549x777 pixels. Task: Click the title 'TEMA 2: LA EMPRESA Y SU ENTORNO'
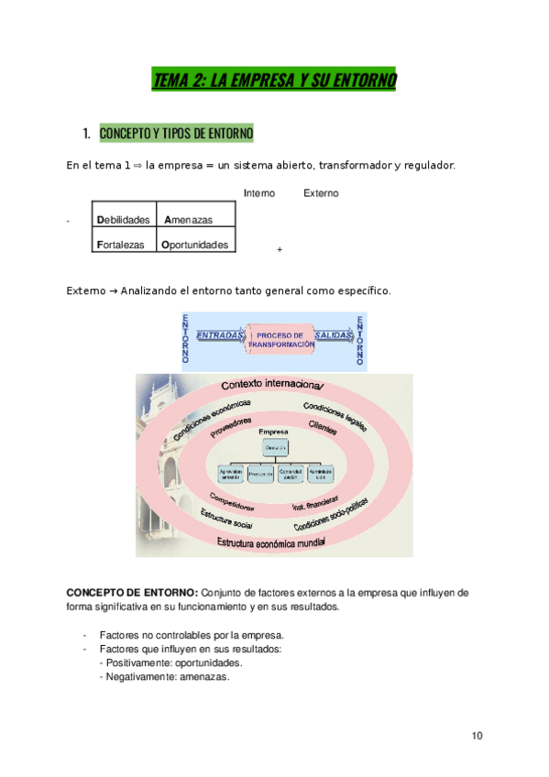[274, 81]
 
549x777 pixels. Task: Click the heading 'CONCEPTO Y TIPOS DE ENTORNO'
[176, 135]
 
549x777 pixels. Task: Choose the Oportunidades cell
[195, 245]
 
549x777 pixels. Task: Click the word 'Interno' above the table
[259, 193]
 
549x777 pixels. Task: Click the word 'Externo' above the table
[321, 193]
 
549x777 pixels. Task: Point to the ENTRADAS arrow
[220, 336]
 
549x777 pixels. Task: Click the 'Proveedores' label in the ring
[230, 426]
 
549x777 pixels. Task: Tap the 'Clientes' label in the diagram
[323, 426]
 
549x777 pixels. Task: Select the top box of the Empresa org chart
[275, 446]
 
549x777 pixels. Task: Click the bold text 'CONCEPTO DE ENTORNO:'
[131, 592]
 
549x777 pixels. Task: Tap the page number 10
[478, 736]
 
